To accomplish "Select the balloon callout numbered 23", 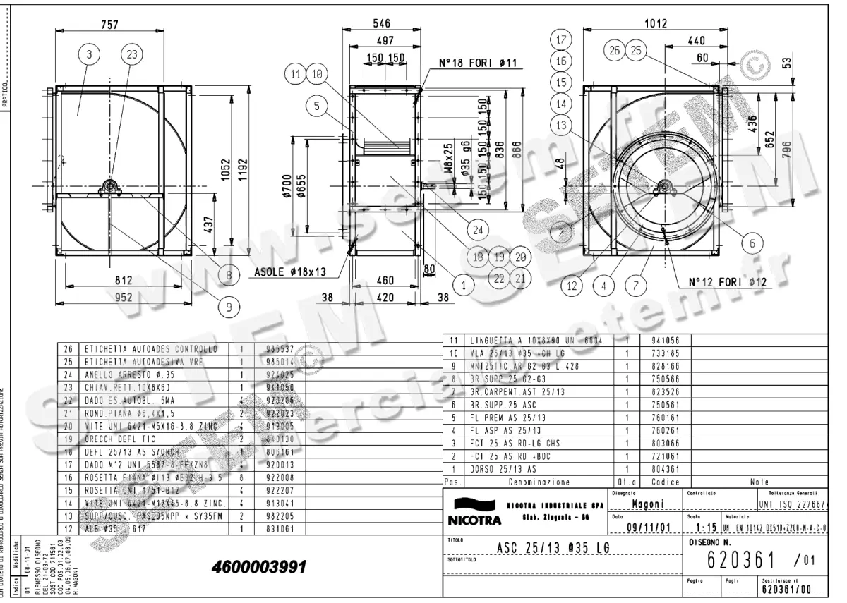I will [x=131, y=54].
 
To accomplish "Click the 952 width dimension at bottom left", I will [x=124, y=298].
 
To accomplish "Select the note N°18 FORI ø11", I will [x=478, y=63].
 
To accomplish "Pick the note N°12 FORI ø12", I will [x=728, y=281].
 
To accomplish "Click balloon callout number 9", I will [x=229, y=305].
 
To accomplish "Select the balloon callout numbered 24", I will [x=479, y=229].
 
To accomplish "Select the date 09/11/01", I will [x=648, y=528].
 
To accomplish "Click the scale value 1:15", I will [x=706, y=528].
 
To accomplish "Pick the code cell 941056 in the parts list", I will [x=661, y=339].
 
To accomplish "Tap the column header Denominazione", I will [x=541, y=482].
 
